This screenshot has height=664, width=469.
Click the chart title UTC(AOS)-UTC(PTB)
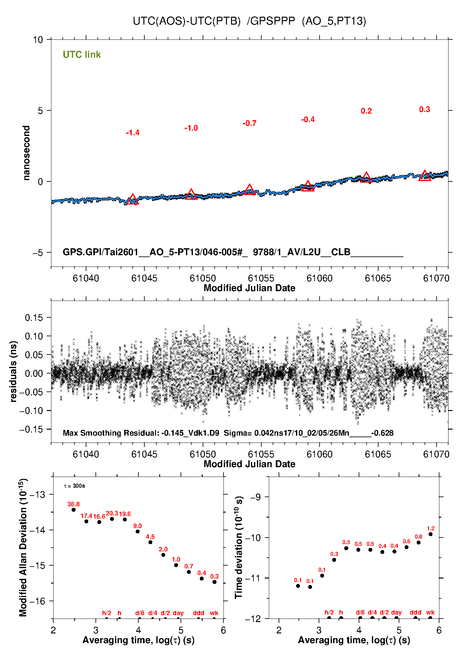coord(187,21)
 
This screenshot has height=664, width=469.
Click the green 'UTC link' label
coord(82,55)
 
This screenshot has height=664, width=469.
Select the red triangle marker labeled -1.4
coord(132,200)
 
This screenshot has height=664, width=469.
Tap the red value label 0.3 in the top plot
coord(424,109)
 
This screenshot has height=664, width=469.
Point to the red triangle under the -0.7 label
coord(249,190)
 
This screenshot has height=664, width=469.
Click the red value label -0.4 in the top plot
coord(308,120)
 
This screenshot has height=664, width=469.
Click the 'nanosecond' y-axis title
coord(26,153)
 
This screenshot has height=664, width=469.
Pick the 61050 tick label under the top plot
coord(203,278)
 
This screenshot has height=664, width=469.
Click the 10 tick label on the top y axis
coord(38,40)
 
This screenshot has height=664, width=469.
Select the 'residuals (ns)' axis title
coord(13,371)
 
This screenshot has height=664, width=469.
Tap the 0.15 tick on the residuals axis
coord(34,318)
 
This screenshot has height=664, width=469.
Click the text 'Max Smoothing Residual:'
coord(111,433)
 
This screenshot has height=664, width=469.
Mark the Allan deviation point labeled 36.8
coord(73,509)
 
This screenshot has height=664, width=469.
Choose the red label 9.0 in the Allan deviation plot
coord(137,526)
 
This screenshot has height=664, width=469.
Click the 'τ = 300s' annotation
coord(74,486)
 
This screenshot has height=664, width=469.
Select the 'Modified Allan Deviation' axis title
coord(23,547)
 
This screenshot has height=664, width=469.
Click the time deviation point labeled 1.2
coord(431,534)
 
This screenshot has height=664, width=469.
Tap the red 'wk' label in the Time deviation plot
coord(430,612)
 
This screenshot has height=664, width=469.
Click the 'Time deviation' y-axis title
coord(239,547)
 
